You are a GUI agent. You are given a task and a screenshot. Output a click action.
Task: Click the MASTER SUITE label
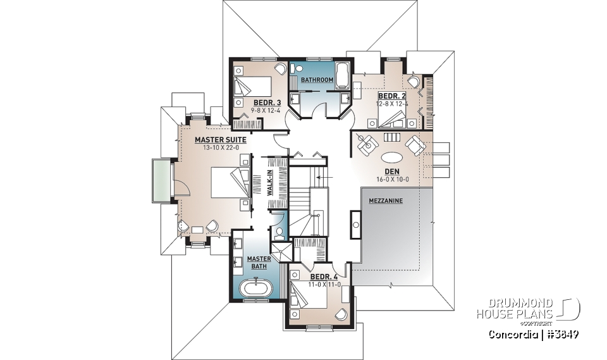pyautogui.click(x=216, y=139)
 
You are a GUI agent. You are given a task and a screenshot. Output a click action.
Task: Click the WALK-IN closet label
pyautogui.click(x=269, y=182)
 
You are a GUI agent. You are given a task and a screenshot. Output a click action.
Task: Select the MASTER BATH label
pyautogui.click(x=259, y=262)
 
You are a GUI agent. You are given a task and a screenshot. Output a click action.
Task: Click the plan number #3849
pyautogui.click(x=563, y=333)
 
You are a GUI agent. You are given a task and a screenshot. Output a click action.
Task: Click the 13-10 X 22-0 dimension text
pyautogui.click(x=216, y=147)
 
